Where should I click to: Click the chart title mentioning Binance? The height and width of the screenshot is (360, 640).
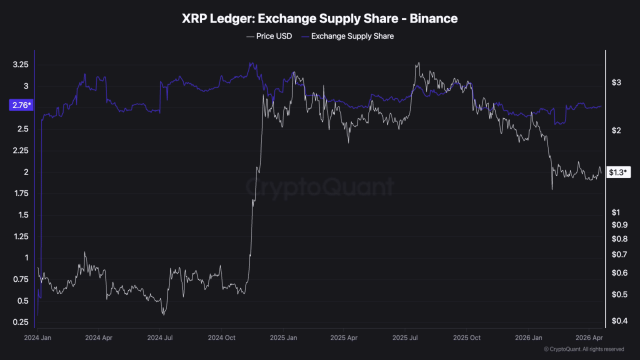point(319,19)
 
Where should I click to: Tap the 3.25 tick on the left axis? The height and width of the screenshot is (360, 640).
point(20,65)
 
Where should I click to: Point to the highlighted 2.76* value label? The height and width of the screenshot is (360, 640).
point(20,105)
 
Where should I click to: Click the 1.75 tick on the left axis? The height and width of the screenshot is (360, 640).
point(20,193)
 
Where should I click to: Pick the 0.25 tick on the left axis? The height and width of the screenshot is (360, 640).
point(20,322)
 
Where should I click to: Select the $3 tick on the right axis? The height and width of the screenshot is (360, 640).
point(616,82)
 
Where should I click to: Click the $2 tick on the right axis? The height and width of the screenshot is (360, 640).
point(616,130)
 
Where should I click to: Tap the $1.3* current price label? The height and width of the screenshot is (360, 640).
point(619,172)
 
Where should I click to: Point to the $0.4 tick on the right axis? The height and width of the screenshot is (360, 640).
point(619,320)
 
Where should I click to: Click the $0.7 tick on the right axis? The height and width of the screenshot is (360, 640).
point(619,255)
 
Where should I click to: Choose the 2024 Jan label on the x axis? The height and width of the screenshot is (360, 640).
point(38,338)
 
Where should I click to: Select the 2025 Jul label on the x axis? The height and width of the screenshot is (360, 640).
point(406,338)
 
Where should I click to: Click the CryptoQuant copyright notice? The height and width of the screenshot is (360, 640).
point(583,349)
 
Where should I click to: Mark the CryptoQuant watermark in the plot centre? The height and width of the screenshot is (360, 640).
point(319,187)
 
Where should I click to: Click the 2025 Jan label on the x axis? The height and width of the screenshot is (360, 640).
point(283,338)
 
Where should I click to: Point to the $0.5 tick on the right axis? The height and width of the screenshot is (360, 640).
point(619,294)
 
